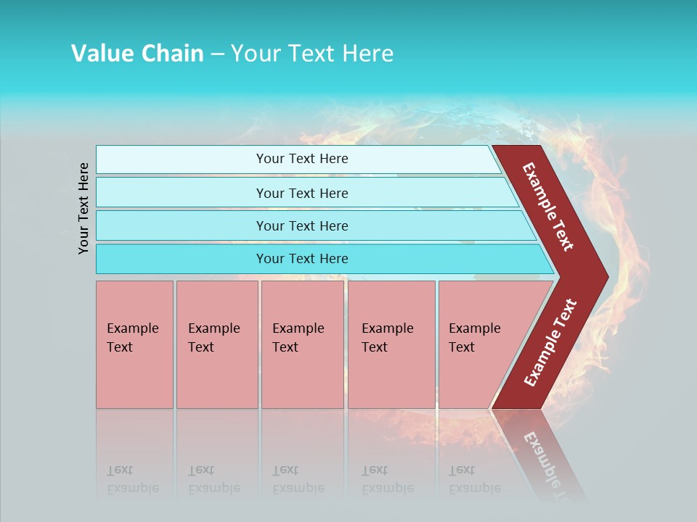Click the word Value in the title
[100, 54]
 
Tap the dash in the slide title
[217, 54]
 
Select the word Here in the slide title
[367, 54]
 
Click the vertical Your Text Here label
[83, 208]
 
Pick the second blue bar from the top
[301, 193]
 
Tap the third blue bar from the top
[301, 225]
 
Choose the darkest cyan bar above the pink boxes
[301, 259]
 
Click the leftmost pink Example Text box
[134, 344]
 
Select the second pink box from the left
[216, 344]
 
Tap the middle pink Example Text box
[302, 344]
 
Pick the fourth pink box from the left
[391, 344]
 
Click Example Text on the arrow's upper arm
[548, 207]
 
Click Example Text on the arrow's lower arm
[550, 342]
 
